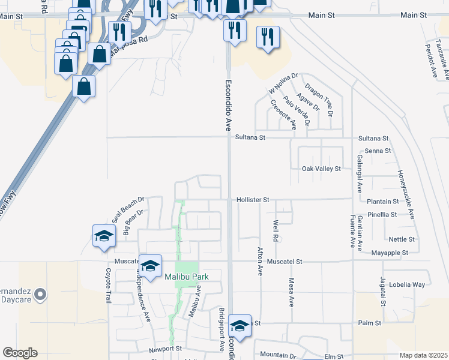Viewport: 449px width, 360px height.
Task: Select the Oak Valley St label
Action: (321, 169)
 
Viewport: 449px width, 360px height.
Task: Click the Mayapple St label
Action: (390, 253)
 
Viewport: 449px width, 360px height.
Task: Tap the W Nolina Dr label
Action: (283, 83)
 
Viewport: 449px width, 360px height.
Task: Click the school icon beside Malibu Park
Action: (150, 264)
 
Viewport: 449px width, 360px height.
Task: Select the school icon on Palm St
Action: (240, 326)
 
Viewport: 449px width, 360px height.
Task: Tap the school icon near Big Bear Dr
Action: (104, 235)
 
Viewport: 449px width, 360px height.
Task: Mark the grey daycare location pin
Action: (40, 294)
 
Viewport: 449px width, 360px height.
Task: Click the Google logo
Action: (20, 353)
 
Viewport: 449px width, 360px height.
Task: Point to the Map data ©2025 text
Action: (423, 355)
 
